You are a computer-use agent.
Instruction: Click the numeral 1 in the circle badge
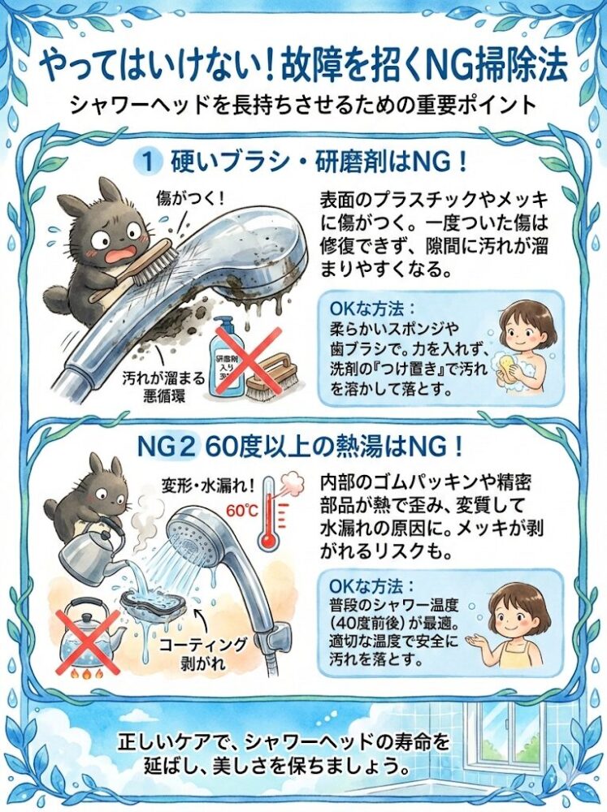pyautogui.click(x=148, y=162)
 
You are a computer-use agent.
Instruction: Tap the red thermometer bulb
pyautogui.click(x=268, y=540)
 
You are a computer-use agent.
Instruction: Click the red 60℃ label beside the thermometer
pyautogui.click(x=242, y=511)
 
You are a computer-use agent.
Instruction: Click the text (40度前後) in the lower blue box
pyautogui.click(x=367, y=622)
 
